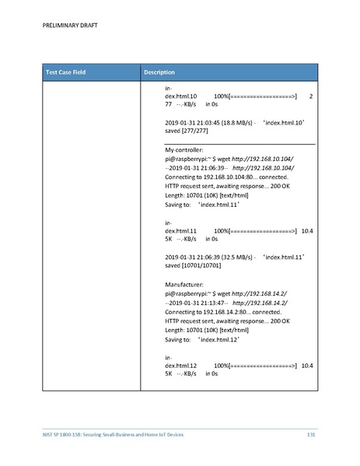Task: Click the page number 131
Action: [312, 433]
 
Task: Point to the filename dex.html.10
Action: [180, 96]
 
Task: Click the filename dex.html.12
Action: [180, 365]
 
